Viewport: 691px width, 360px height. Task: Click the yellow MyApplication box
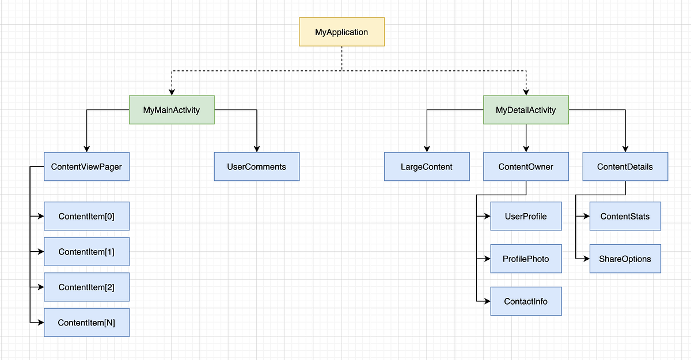341,32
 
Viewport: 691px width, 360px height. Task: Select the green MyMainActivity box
172,109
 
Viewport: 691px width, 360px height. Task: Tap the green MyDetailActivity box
526,109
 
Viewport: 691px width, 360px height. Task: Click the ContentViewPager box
86,166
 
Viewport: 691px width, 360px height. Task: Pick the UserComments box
256,166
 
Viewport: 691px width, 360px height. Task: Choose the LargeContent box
427,166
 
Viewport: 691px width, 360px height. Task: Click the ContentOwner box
526,166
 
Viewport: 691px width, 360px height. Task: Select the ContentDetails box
625,166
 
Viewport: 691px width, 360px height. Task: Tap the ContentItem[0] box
86,217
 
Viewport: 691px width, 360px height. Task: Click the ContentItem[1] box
86,252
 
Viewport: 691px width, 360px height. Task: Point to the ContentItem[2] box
86,287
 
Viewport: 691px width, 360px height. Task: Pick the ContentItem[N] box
86,323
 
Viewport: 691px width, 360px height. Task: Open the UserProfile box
526,217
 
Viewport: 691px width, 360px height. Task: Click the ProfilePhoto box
526,259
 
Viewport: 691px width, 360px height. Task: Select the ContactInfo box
526,301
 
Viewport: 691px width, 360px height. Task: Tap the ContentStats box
625,217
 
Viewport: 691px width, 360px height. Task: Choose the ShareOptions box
625,259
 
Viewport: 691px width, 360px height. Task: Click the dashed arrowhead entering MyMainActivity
172,92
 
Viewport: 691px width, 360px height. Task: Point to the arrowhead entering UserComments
256,149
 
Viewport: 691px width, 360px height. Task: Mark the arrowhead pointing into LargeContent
427,149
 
